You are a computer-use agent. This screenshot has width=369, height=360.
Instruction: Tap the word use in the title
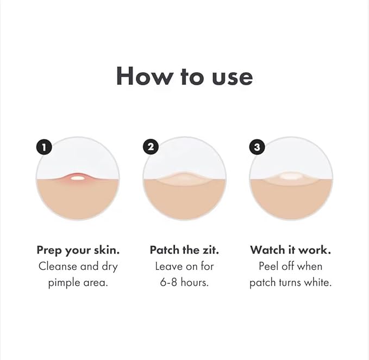click(230, 76)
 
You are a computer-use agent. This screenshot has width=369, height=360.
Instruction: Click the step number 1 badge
click(44, 147)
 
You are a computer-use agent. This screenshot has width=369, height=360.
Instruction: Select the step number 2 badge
click(151, 147)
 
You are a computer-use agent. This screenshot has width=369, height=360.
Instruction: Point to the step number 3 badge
click(257, 147)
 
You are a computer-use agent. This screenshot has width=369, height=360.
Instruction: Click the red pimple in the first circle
click(78, 178)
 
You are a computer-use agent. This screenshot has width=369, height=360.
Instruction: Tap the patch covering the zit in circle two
click(184, 178)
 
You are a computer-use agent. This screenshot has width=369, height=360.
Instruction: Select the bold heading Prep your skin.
click(78, 250)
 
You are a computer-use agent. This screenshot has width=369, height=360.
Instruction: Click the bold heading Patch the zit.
click(184, 250)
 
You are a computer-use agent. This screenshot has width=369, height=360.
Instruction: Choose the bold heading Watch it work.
click(291, 250)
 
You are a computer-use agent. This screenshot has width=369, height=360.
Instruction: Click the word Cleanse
click(57, 266)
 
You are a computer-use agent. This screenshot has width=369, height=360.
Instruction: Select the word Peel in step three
click(269, 266)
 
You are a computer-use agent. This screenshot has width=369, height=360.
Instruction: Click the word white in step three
click(318, 283)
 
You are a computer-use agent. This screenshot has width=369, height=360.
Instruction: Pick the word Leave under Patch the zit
click(169, 266)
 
